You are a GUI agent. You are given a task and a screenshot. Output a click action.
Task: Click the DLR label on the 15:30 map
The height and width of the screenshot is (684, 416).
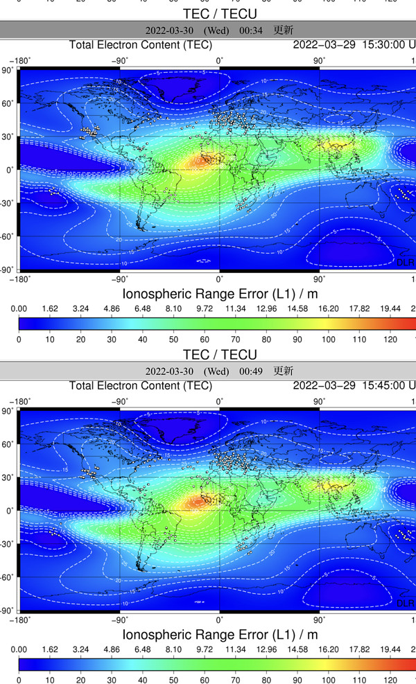[406, 262]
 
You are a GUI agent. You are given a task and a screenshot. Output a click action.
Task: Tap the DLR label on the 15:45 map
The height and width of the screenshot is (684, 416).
[406, 603]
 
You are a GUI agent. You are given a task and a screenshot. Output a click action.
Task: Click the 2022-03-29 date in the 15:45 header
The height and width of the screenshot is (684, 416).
[324, 385]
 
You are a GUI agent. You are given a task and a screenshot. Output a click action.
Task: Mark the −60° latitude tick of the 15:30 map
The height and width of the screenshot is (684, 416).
[8, 236]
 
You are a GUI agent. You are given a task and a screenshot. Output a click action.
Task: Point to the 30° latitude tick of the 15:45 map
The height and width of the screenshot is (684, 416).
[9, 477]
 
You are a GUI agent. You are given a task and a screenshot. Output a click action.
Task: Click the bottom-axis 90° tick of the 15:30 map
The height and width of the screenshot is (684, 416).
[319, 279]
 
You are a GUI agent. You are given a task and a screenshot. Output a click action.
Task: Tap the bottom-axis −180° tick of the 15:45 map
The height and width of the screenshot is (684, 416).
[21, 620]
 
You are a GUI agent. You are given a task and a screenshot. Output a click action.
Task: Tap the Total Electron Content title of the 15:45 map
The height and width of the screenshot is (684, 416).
[141, 385]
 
